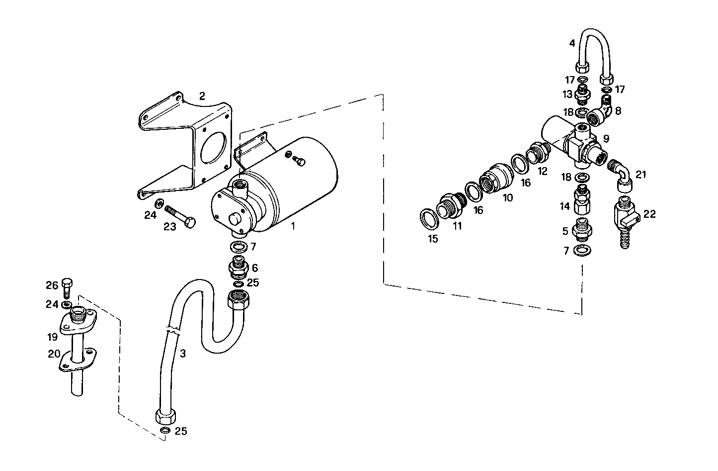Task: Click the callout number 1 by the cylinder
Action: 293,226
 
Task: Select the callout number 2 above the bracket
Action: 202,96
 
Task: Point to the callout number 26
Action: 52,285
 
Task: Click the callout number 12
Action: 542,171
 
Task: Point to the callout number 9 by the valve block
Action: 606,138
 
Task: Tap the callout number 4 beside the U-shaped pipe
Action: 572,43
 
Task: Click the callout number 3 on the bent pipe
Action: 183,354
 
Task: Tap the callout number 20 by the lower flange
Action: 54,354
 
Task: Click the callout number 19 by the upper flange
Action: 53,337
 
